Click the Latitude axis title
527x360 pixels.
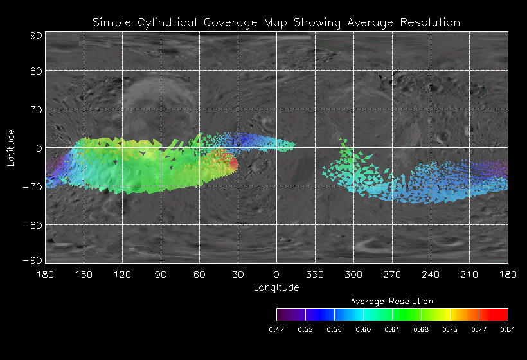coord(11,147)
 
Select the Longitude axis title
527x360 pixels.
coord(276,287)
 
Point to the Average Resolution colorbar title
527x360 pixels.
coord(392,301)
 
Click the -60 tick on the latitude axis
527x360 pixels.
coord(33,225)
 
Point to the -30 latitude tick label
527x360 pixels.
coord(33,186)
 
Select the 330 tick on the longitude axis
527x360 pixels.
coord(315,274)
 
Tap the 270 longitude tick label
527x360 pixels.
coord(392,274)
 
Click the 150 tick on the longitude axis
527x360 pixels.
coord(84,274)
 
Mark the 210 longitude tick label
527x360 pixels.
coord(469,274)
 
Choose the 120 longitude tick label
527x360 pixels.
coord(122,274)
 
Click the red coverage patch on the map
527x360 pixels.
coord(233,163)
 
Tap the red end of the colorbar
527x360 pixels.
coord(501,314)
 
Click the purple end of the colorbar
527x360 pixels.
coord(283,314)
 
